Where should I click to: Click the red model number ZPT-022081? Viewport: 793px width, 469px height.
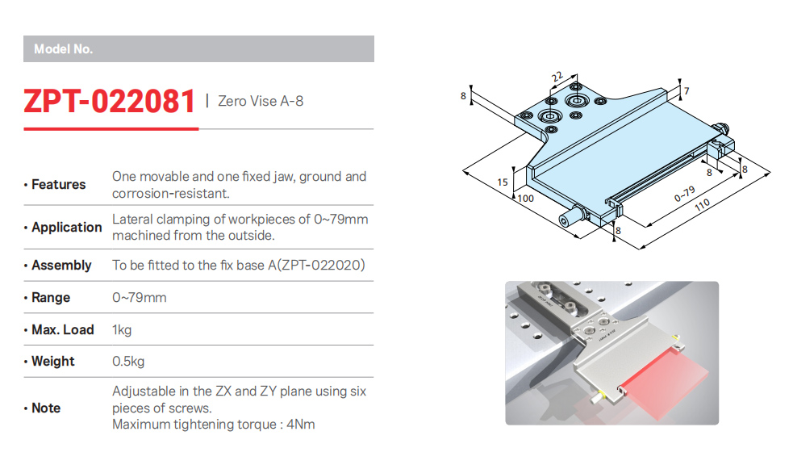(109, 101)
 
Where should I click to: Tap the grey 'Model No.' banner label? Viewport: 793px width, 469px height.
(63, 49)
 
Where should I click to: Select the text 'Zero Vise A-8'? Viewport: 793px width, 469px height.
(261, 101)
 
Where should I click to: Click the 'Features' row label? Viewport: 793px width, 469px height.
(59, 184)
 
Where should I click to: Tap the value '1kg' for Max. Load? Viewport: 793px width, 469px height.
(122, 330)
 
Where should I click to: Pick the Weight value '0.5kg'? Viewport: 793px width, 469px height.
(128, 362)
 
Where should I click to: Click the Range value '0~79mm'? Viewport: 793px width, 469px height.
(139, 298)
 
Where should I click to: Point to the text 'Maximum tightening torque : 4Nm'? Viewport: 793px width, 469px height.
(214, 424)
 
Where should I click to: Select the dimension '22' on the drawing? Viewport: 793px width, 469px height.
(557, 77)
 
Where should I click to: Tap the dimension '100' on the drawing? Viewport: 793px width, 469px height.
(526, 199)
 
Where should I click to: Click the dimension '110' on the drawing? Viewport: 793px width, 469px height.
(702, 204)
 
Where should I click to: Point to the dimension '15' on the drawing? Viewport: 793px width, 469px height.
(503, 182)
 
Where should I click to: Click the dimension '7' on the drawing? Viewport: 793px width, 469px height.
(687, 91)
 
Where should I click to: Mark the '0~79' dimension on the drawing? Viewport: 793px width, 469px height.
(684, 194)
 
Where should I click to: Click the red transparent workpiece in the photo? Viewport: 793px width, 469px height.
(665, 384)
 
